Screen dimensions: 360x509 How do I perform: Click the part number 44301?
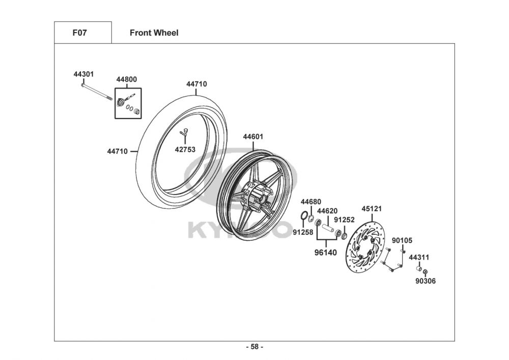tap(83, 74)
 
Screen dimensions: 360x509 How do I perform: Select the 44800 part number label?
tap(126, 79)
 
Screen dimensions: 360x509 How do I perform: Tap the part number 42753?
tap(185, 150)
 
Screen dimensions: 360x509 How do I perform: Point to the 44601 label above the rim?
tap(253, 136)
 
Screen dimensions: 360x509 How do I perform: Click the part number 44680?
tap(310, 202)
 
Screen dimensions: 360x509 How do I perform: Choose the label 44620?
tap(327, 211)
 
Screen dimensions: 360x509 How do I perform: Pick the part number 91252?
tap(344, 220)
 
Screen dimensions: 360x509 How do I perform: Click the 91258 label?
tap(302, 232)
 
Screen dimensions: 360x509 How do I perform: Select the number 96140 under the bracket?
tap(325, 252)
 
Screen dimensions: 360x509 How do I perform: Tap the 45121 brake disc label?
tap(372, 208)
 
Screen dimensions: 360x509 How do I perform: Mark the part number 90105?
tap(402, 240)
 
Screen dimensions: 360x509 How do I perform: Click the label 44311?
tap(419, 257)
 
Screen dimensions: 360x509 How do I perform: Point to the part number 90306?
tap(426, 281)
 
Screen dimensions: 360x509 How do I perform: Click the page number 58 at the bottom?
tap(254, 347)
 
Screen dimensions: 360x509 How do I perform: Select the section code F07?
tap(79, 33)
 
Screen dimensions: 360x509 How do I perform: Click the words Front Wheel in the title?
tap(154, 33)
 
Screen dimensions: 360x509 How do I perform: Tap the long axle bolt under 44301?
tap(97, 92)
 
